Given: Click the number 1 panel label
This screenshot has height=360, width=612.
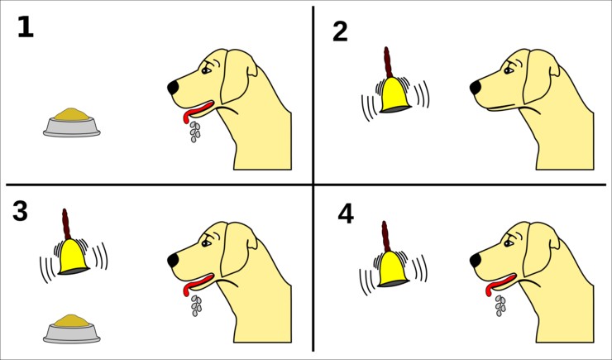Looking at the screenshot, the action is tap(26, 27).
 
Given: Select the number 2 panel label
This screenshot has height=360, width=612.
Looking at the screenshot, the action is tap(340, 31).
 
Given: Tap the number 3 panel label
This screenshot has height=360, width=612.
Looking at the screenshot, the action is tap(20, 211).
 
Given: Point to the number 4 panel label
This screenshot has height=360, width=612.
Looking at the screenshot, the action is tap(346, 214).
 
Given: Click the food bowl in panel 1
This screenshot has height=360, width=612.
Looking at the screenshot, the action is tap(71, 122).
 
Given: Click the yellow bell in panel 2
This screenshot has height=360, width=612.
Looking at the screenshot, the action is tap(395, 94).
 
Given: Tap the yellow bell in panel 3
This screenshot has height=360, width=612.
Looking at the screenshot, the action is tap(74, 257).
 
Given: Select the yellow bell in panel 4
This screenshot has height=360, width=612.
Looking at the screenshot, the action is tap(394, 269).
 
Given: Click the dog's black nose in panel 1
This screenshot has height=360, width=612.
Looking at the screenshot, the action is tap(173, 88).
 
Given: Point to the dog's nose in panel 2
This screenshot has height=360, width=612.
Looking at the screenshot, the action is tap(476, 88).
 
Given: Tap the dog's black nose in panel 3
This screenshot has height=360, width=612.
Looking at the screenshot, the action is tap(173, 261).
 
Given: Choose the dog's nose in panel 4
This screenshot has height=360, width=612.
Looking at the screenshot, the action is tap(476, 261).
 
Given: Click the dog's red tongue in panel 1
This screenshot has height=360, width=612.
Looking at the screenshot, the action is tap(197, 110).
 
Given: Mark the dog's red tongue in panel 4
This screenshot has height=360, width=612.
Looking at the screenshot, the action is tap(500, 283).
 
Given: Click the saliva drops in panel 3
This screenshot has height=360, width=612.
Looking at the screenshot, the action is tap(196, 305).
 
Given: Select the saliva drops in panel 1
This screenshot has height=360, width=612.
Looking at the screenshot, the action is tap(195, 132).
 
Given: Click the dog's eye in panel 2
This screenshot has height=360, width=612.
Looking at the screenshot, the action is tap(509, 70).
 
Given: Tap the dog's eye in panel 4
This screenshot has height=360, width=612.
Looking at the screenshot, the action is tap(509, 243).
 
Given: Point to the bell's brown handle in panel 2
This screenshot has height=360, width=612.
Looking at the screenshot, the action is tap(388, 62).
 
